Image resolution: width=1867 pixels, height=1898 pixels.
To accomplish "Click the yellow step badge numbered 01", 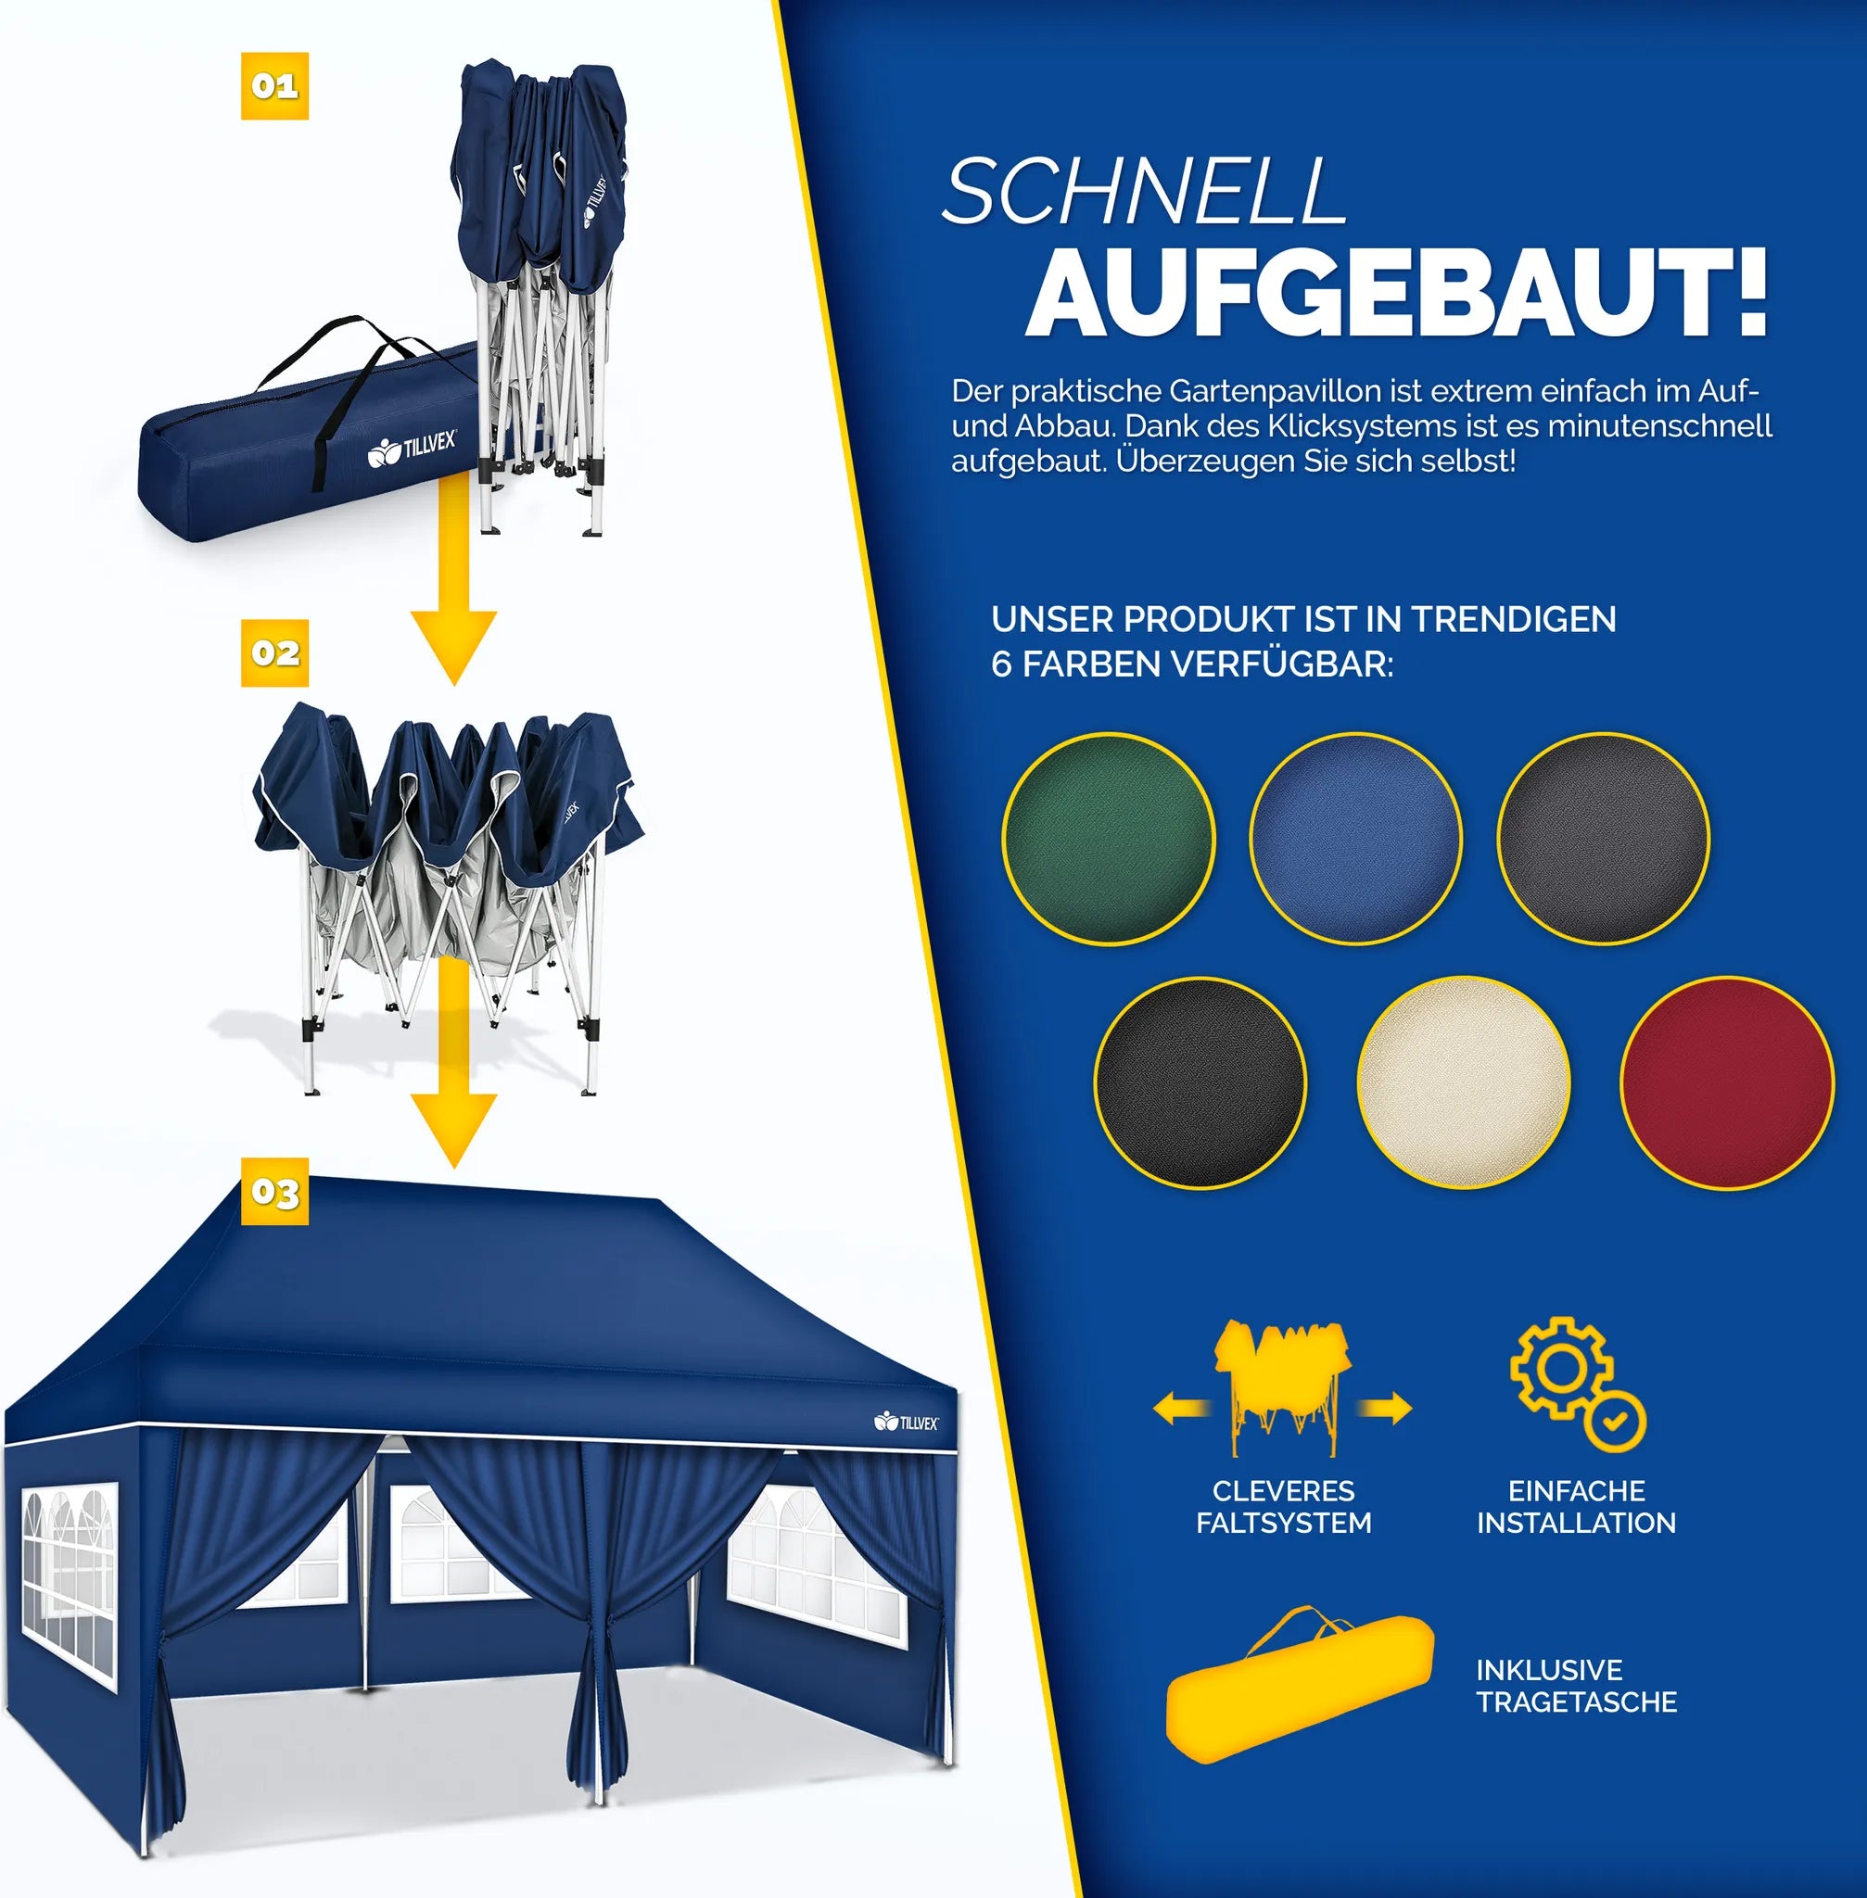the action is [x=274, y=86].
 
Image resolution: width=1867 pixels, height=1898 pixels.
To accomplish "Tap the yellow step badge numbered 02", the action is [x=274, y=653].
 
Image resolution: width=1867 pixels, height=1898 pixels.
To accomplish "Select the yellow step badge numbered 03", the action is [x=274, y=1191].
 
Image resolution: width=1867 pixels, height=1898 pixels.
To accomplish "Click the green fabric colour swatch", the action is [x=1108, y=840].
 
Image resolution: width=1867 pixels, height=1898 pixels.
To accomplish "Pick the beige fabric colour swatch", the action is [x=1463, y=1082].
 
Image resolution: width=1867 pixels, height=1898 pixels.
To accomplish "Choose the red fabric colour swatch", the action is [x=1727, y=1082].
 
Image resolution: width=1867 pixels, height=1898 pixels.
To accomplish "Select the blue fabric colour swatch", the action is [x=1356, y=840].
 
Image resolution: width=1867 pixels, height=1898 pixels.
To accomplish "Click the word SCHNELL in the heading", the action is [x=1144, y=192].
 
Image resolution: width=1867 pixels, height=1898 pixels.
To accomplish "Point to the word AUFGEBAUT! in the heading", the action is [x=1397, y=293].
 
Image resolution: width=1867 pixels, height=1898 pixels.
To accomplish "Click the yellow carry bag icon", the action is [x=1300, y=1684].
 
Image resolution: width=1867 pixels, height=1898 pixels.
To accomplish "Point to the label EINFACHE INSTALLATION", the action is [x=1577, y=1507].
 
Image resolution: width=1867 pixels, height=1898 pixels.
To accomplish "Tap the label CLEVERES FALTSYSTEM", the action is [x=1284, y=1507].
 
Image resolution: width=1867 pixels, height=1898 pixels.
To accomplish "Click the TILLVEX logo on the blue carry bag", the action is [x=412, y=449].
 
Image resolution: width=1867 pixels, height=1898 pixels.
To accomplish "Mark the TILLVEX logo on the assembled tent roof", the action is [x=906, y=1423].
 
